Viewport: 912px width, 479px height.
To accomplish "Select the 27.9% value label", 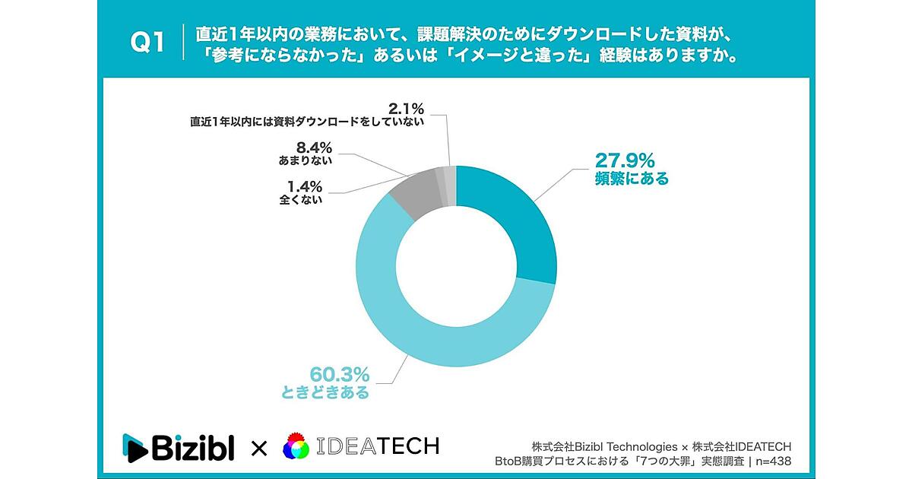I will pos(625,160).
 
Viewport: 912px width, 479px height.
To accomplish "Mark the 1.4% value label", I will pos(303,186).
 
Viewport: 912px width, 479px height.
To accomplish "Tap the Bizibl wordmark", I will pos(193,446).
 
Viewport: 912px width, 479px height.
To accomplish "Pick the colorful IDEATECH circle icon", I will pos(297,447).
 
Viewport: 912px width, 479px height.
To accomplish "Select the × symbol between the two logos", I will pos(258,448).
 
